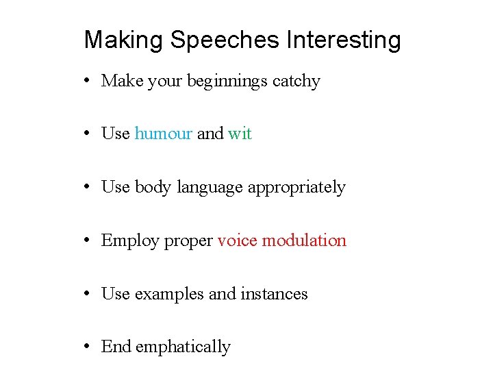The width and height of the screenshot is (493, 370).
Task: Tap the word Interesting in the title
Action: [344, 40]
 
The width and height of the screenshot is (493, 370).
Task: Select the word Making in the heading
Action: [124, 40]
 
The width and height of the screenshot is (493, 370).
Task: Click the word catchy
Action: [296, 81]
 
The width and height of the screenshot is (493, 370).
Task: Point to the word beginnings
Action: [227, 82]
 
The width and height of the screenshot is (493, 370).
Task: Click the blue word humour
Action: [163, 134]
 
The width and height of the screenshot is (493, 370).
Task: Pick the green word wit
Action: [240, 134]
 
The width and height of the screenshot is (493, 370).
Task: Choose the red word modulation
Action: [305, 241]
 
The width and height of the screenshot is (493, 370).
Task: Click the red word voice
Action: [237, 241]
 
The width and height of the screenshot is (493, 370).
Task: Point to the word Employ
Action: [130, 241]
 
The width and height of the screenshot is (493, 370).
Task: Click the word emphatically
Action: [183, 347]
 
